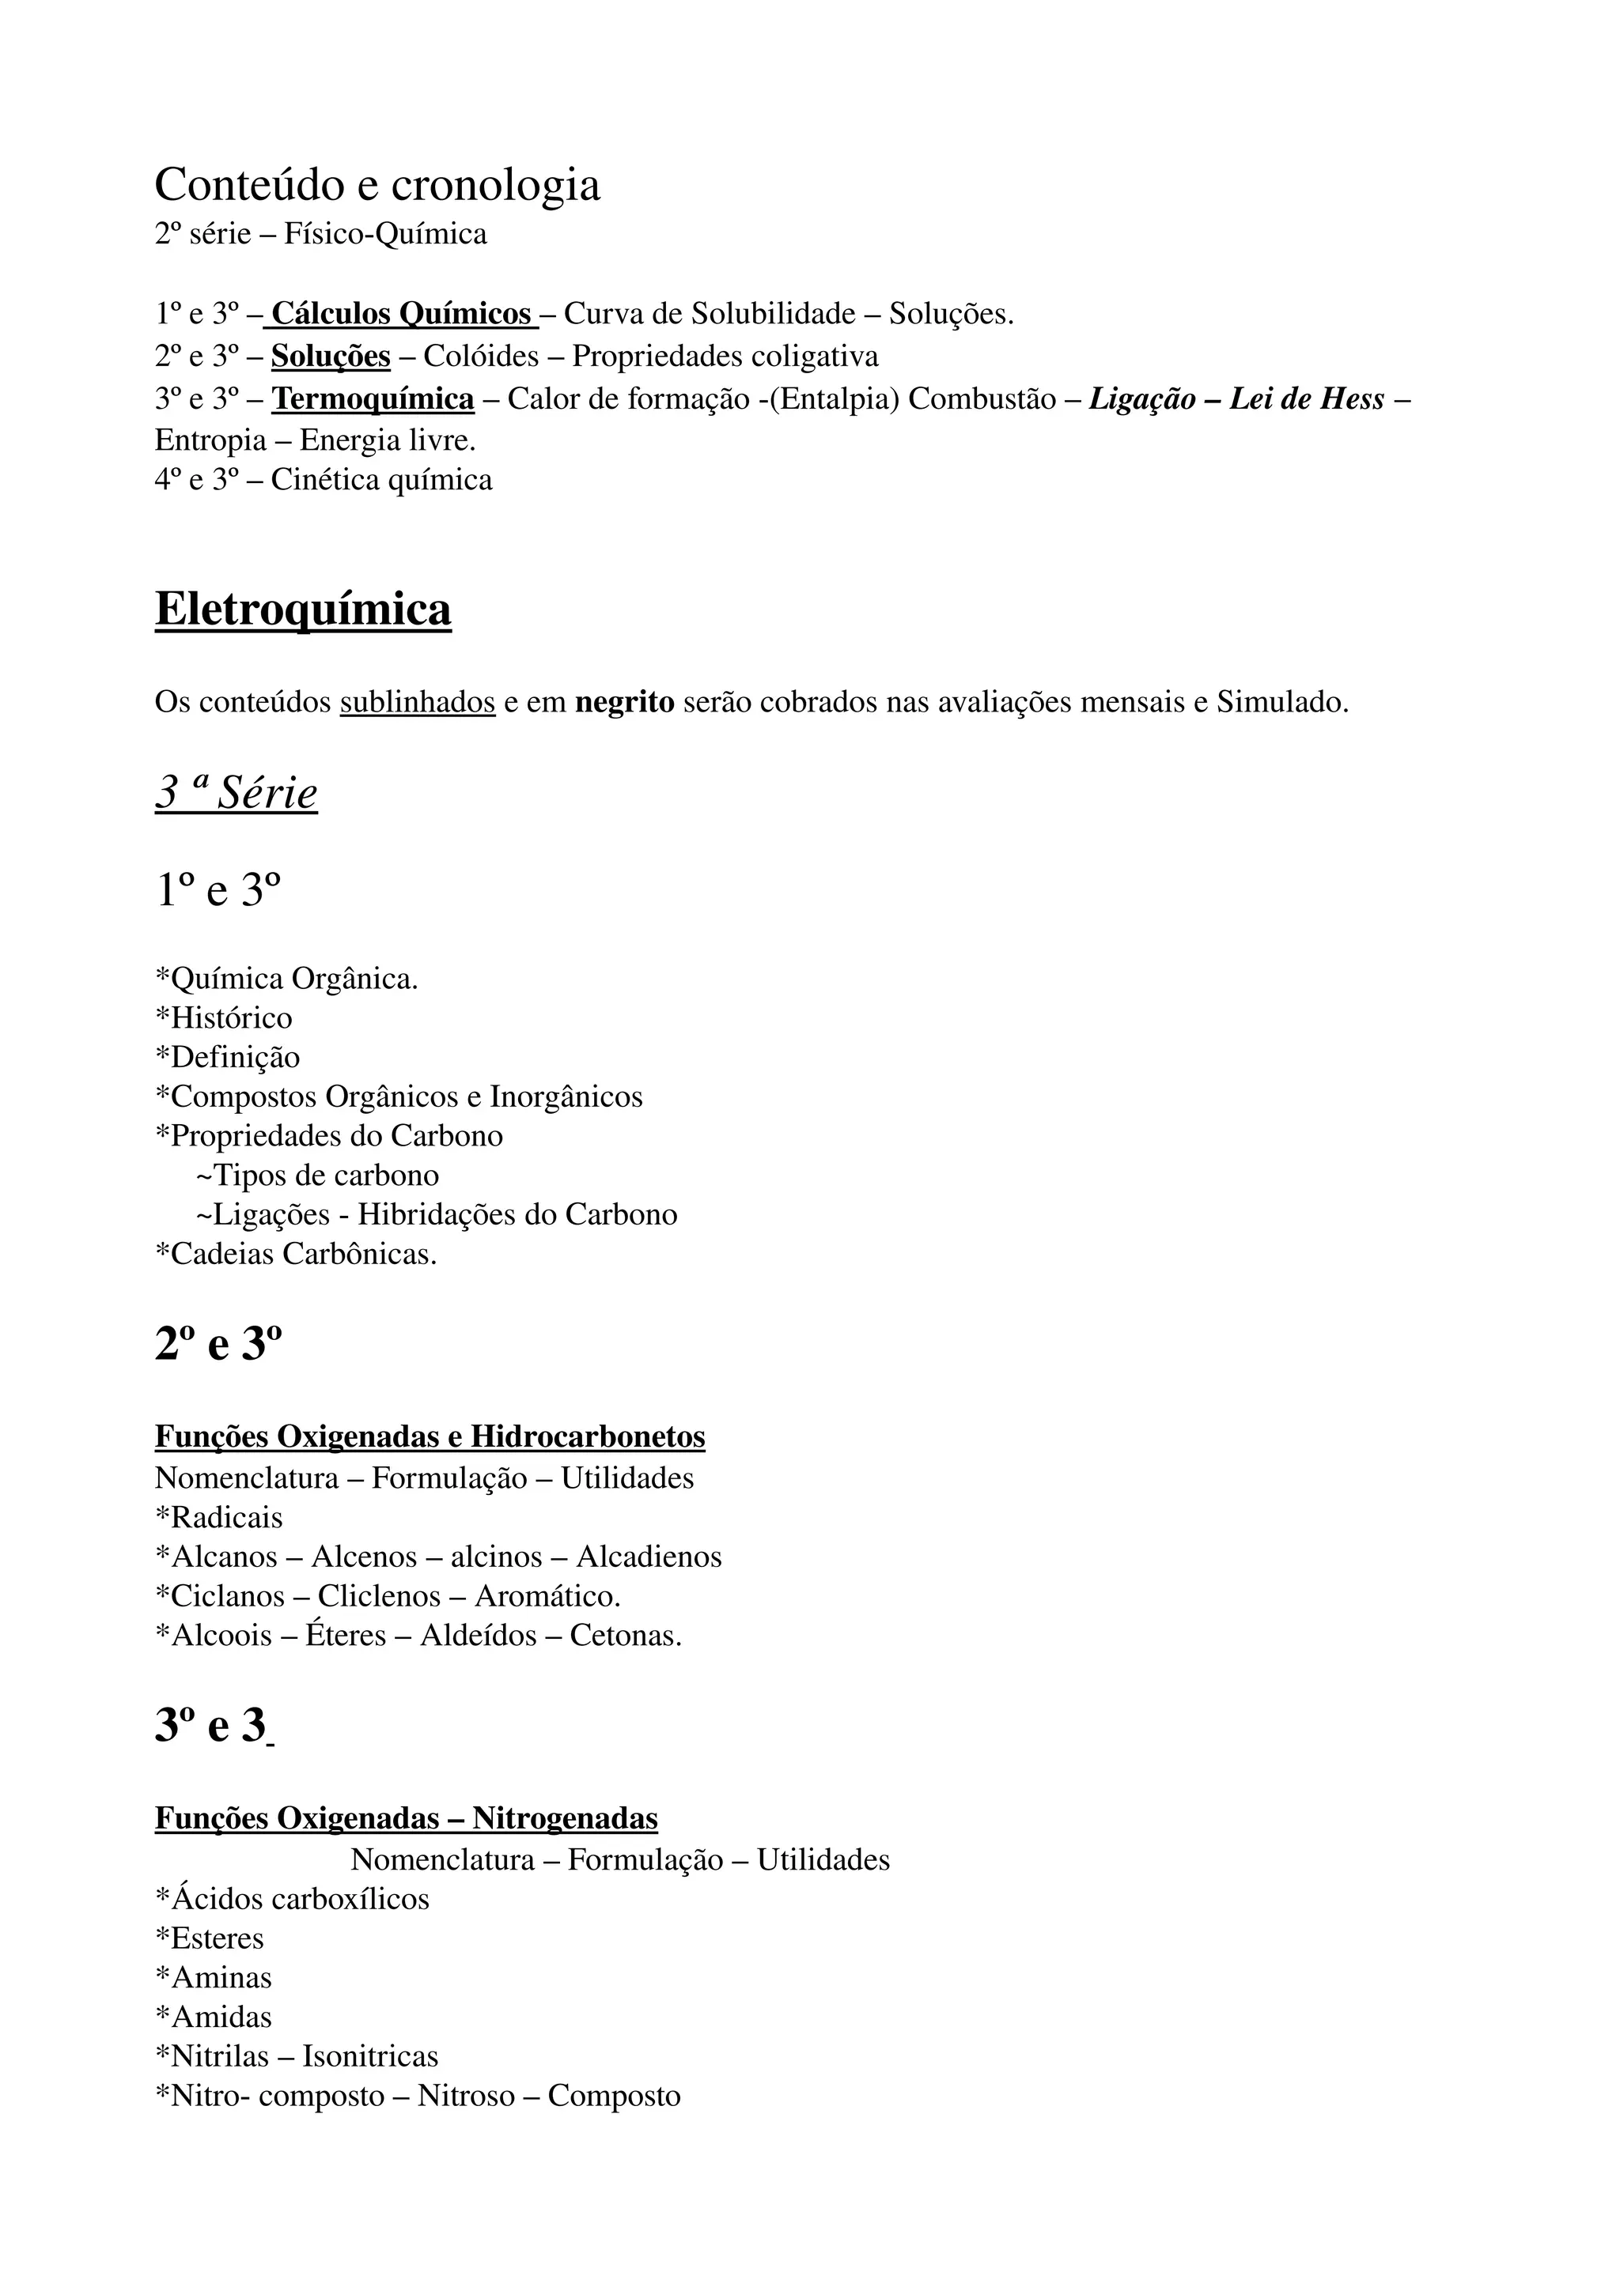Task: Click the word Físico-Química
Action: click(x=385, y=235)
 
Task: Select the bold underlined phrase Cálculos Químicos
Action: click(x=401, y=315)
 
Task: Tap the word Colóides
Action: click(x=480, y=357)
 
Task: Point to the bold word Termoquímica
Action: click(x=373, y=399)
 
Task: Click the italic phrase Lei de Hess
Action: click(x=1307, y=399)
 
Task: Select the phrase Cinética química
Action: click(x=381, y=480)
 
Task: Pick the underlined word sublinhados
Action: click(x=417, y=703)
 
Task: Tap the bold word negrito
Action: click(x=625, y=703)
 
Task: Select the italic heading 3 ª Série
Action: click(x=236, y=793)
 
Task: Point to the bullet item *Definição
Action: click(x=228, y=1058)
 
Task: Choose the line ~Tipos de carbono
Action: click(x=317, y=1176)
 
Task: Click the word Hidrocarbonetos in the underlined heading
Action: click(x=588, y=1437)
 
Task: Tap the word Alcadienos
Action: click(x=649, y=1557)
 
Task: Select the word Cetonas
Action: click(x=626, y=1636)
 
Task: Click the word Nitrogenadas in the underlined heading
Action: click(x=565, y=1819)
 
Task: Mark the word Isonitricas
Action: click(x=370, y=2056)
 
